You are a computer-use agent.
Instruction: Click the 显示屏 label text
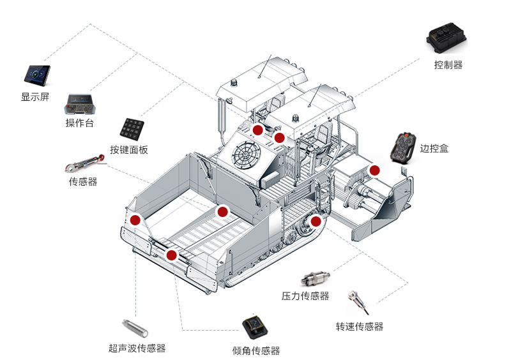click(35, 97)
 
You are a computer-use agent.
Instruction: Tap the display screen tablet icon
click(37, 75)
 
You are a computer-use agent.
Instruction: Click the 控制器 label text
click(448, 64)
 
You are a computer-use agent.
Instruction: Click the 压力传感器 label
click(305, 296)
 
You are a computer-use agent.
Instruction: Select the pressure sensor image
click(317, 279)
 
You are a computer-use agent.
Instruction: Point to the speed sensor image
click(357, 301)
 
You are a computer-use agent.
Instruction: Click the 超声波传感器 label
click(137, 349)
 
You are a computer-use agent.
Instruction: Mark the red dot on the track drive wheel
click(316, 221)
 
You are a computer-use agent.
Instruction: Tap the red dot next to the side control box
click(374, 170)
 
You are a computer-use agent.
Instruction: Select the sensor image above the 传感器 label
click(84, 161)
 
